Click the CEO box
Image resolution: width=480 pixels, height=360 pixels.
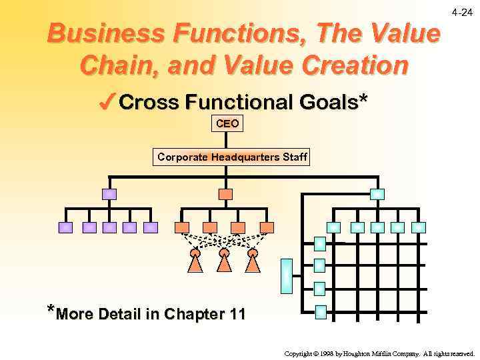tap(227, 124)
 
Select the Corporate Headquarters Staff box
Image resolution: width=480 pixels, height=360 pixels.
tap(231, 157)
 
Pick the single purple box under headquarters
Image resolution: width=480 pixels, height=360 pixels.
tap(109, 195)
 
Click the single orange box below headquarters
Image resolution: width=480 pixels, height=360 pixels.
tap(226, 195)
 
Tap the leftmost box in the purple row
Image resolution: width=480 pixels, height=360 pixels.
tap(65, 227)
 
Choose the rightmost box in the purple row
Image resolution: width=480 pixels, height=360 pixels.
tap(151, 227)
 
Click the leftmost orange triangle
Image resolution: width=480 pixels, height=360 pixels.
tap(195, 263)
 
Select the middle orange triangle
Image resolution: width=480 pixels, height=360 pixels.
tap(225, 263)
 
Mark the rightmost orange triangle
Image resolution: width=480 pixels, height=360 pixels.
tap(253, 263)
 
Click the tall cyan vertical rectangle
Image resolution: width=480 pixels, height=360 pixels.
tap(286, 275)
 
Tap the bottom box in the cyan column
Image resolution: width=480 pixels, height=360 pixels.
tap(320, 311)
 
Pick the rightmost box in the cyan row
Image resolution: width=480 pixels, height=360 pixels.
tap(419, 227)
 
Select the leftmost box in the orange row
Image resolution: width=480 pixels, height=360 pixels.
tap(181, 227)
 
